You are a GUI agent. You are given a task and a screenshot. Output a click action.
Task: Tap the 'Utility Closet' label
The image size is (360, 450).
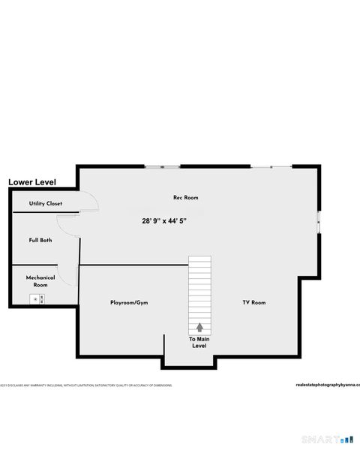(46, 203)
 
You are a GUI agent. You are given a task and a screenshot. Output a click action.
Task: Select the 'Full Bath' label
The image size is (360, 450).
(40, 240)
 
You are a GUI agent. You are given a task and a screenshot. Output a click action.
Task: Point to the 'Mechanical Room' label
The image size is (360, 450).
(40, 280)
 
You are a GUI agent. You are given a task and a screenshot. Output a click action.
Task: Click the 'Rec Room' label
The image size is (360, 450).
(185, 197)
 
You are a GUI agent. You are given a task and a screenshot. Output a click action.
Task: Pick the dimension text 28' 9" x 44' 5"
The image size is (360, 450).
(163, 221)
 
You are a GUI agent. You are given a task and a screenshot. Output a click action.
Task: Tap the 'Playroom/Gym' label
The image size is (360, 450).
(129, 302)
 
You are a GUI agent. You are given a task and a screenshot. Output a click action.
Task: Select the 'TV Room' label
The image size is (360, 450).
(253, 302)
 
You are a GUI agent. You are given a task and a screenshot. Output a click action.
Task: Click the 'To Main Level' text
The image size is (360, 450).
(199, 342)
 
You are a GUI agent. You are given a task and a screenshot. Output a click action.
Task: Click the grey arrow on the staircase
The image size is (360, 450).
(199, 326)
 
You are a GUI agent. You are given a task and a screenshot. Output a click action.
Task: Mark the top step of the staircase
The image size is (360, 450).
(199, 259)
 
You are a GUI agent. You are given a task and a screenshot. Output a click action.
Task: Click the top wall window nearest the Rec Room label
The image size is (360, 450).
(161, 166)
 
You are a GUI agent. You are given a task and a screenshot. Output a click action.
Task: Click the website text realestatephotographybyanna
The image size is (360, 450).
(328, 385)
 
